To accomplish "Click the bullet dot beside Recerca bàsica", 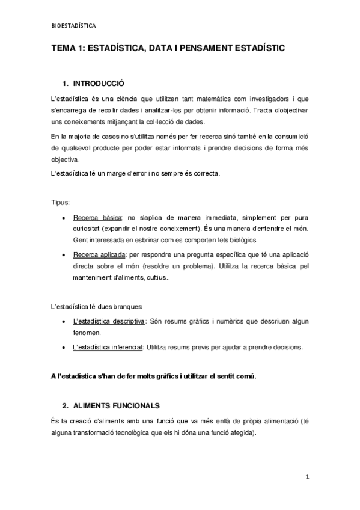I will (64, 218).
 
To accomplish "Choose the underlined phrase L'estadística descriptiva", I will (109, 321).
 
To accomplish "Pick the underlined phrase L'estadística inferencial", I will (108, 347).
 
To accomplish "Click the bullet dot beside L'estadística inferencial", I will (64, 348).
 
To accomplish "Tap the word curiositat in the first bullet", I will (88, 229).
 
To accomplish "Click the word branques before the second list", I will (129, 307).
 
